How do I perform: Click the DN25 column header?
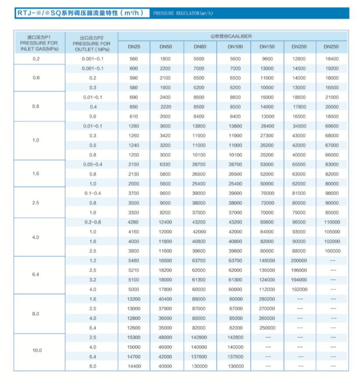[x=134, y=47]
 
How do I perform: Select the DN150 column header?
[x=267, y=47]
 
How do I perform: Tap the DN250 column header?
[x=331, y=47]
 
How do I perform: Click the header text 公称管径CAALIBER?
[x=233, y=36]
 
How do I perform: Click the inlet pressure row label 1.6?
[x=36, y=173]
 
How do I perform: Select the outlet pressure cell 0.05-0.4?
[x=92, y=164]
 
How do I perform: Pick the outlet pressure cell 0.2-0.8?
[x=92, y=222]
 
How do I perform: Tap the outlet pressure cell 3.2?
[x=92, y=280]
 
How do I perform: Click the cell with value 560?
[x=133, y=59]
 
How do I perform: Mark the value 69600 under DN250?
[x=332, y=126]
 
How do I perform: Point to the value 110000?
[x=332, y=222]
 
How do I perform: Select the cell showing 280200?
[x=267, y=299]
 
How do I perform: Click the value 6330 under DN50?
[x=165, y=164]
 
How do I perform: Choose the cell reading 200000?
[x=299, y=260]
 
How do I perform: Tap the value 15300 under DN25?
[x=134, y=338]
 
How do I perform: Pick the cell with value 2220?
[x=165, y=107]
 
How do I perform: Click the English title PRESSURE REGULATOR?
[x=183, y=14]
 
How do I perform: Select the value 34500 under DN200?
[x=299, y=126]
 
